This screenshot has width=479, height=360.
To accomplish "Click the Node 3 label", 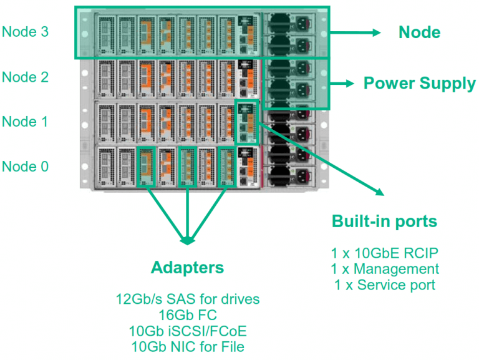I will click(25, 31).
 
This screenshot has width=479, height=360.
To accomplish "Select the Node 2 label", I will click(25, 77).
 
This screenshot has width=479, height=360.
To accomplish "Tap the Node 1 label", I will click(25, 121).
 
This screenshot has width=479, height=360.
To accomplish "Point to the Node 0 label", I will click(25, 166).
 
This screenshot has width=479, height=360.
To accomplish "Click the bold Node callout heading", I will click(419, 32).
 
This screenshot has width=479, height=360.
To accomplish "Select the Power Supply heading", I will click(419, 83).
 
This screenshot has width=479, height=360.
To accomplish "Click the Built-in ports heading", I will click(384, 221).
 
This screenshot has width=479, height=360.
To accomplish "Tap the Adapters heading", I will click(187, 268).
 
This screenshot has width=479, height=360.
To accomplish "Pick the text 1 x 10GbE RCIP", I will click(384, 253).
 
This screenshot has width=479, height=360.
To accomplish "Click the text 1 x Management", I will click(384, 269).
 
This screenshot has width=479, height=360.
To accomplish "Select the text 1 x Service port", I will click(384, 285).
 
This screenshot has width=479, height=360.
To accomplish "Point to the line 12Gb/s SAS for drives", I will click(187, 299).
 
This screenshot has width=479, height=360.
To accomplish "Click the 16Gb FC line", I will click(187, 314).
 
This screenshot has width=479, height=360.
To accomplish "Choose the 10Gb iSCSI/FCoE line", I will click(187, 330).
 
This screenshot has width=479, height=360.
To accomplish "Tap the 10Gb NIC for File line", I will click(187, 346).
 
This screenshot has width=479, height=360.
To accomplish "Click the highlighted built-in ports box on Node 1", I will click(246, 121).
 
